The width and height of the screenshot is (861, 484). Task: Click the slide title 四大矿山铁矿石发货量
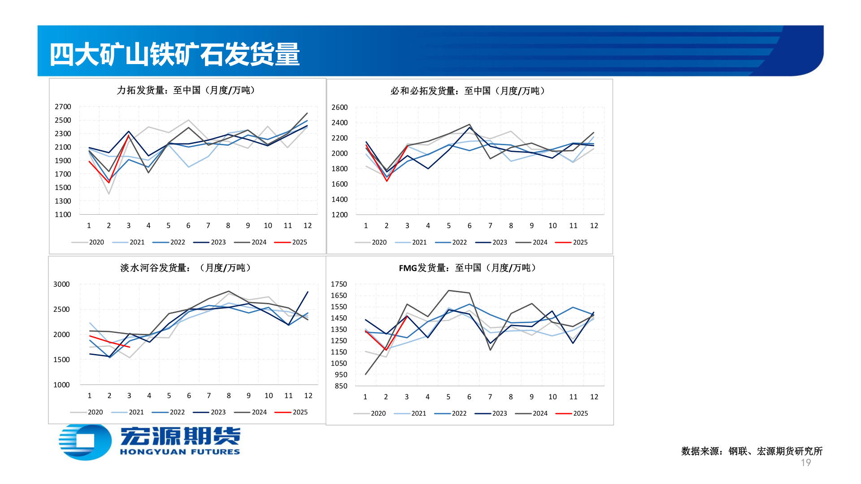174,55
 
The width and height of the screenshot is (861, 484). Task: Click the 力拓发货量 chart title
186,90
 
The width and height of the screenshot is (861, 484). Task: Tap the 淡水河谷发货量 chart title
186,268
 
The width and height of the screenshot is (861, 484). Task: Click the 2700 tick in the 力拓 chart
63,107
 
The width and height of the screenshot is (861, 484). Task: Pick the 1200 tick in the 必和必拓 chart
339,215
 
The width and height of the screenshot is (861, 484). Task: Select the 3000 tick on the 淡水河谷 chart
61,284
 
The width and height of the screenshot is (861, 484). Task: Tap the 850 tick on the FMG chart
341,386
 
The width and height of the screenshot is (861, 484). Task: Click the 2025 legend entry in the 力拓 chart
291,242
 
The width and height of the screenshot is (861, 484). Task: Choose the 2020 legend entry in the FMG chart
370,413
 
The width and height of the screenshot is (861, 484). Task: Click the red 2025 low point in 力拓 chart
109,182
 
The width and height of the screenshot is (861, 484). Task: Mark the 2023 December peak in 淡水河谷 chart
308,292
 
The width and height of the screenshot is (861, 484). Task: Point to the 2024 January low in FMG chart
365,374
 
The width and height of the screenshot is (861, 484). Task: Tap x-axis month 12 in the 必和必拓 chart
594,226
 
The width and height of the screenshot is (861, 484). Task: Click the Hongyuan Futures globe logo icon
85,441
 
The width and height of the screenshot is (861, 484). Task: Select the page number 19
806,462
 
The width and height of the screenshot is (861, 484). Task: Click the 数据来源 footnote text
752,451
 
